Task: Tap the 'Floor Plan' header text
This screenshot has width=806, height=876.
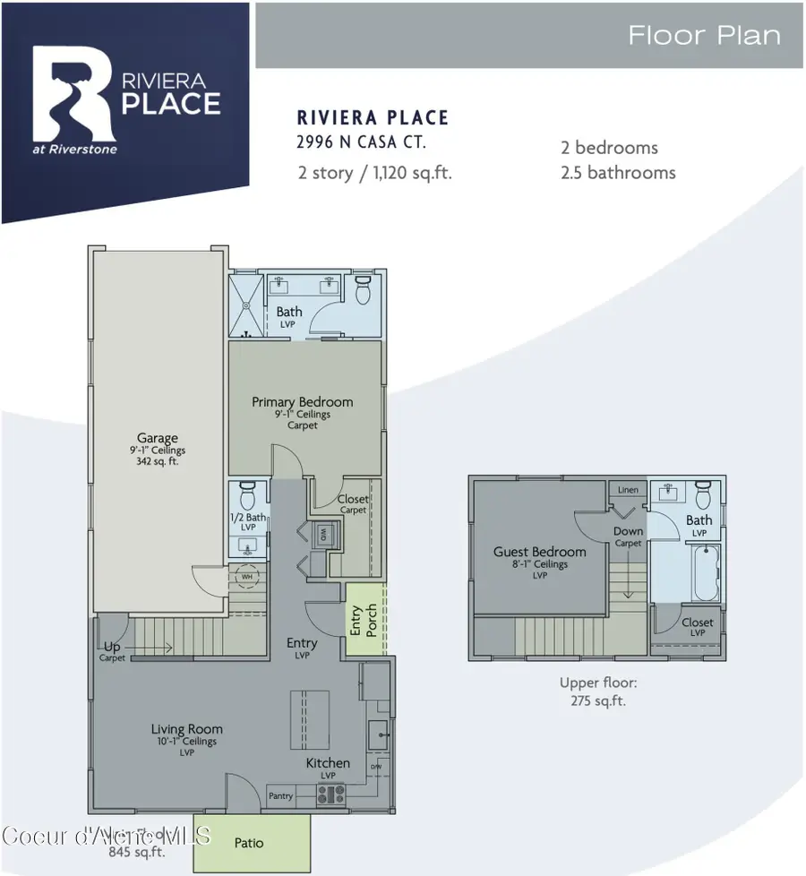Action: click(x=703, y=36)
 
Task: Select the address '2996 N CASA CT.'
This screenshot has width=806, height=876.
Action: click(x=360, y=142)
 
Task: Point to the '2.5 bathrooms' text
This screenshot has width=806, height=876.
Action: click(x=616, y=173)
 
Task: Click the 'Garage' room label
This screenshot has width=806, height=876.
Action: click(x=158, y=439)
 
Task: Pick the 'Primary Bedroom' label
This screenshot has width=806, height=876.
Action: click(x=302, y=402)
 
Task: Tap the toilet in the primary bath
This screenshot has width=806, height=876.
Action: click(x=363, y=290)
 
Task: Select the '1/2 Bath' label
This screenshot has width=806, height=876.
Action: click(x=249, y=518)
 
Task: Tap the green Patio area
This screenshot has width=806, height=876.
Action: click(x=251, y=842)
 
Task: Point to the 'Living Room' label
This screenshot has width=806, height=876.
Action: click(x=186, y=729)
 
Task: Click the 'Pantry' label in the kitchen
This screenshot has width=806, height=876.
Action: click(x=281, y=795)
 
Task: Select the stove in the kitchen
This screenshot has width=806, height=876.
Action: click(x=331, y=793)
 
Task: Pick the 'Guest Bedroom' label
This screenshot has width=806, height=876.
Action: click(x=539, y=552)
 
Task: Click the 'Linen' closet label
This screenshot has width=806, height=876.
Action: click(x=629, y=490)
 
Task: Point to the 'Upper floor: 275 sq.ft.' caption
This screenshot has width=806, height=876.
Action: click(x=597, y=691)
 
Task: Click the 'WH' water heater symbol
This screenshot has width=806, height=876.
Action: click(x=247, y=577)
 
